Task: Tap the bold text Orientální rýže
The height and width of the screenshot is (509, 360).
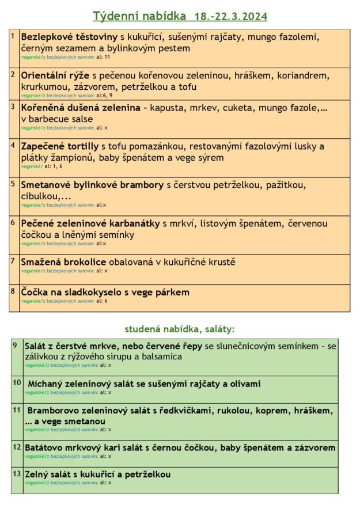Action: (x=55, y=76)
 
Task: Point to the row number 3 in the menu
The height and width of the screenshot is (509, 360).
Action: (x=13, y=106)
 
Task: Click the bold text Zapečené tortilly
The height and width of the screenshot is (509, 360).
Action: (x=60, y=147)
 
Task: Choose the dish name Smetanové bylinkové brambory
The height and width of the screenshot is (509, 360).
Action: (x=93, y=185)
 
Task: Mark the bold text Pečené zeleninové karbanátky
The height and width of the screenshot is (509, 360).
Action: (x=90, y=223)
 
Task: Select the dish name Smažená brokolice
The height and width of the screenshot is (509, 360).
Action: (x=63, y=263)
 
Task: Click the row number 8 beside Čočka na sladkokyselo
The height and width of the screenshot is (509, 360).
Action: (x=13, y=290)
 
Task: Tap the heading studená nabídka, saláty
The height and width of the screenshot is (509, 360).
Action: (x=179, y=329)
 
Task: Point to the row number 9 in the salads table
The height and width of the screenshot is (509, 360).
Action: (x=16, y=345)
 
